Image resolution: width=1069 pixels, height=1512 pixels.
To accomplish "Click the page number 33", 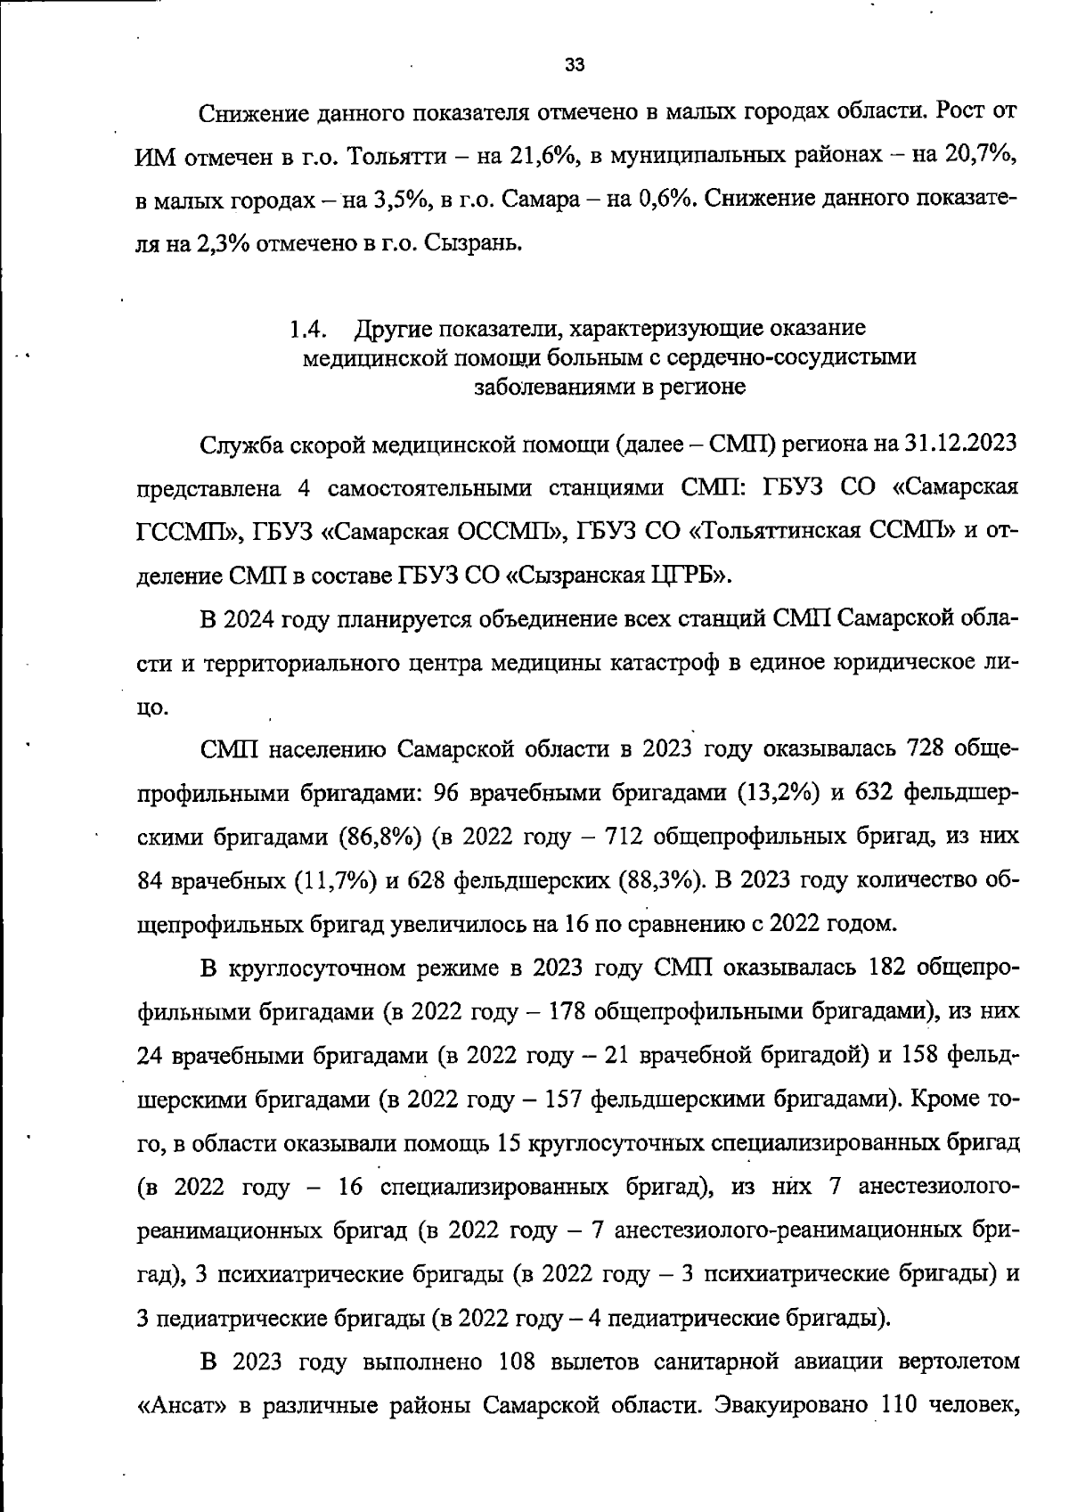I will point(575,65).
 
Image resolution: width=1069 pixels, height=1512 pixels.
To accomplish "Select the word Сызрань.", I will point(469,242).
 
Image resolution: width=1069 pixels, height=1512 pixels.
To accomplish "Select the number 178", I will point(567,1012).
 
